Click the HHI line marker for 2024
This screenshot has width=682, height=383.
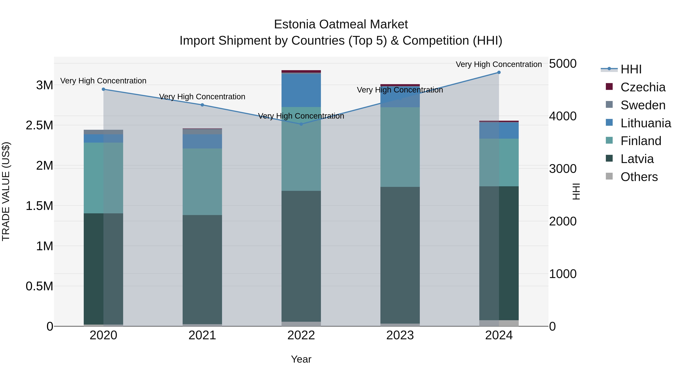(499, 72)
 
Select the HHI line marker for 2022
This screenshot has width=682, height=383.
(301, 124)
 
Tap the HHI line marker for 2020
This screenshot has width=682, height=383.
(103, 89)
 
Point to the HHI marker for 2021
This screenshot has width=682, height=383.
(202, 105)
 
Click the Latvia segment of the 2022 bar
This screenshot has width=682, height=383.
(301, 256)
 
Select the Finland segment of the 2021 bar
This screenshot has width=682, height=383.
(202, 182)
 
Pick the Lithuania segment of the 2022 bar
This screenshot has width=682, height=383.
(301, 90)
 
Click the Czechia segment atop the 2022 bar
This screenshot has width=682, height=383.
(301, 71)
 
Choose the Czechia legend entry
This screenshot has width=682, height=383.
(643, 87)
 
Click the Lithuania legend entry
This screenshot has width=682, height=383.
(645, 123)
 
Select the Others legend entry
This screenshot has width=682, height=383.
(639, 177)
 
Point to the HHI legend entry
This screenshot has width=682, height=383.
(631, 69)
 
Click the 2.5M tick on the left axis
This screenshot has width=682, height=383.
(39, 125)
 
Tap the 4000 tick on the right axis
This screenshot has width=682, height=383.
(563, 116)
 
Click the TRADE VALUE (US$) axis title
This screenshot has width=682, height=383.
(6, 192)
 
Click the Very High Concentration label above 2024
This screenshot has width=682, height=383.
(499, 64)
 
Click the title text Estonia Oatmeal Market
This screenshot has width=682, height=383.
(341, 24)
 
